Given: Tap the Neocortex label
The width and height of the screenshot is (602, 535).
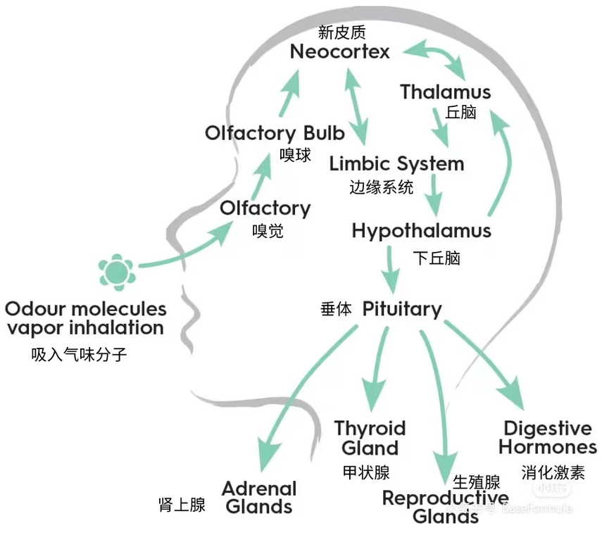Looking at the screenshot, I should pos(340,51).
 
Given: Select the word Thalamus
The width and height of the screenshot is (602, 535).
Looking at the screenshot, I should pos(445,92).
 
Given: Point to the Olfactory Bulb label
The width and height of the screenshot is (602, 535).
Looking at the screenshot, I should pos(275,133).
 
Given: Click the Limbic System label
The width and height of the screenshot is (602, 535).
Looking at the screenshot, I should pos(396,164).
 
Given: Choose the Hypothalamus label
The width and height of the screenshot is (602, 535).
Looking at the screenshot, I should pos(421,231).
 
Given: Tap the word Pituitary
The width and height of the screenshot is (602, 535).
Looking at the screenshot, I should pos(402,308).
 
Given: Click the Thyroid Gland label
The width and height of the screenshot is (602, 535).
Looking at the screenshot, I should pos(370,438).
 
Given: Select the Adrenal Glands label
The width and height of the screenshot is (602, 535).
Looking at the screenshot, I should pos(259,497).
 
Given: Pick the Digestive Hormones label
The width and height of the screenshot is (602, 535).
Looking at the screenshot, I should pos(549,437).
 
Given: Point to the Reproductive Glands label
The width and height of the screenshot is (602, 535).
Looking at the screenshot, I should pos(445,507).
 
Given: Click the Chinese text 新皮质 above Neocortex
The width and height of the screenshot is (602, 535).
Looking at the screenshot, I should pos(342,32).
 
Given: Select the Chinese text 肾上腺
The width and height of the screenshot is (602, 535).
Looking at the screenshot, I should pos(182,504).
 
